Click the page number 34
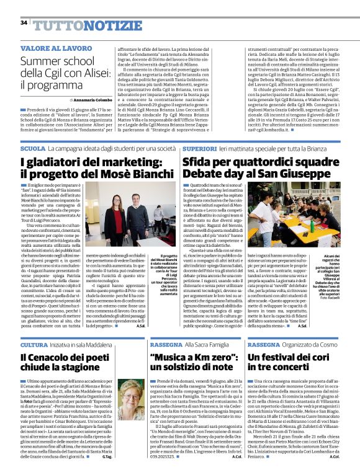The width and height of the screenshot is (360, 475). pos(24,23)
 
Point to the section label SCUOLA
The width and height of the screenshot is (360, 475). pos(33,149)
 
